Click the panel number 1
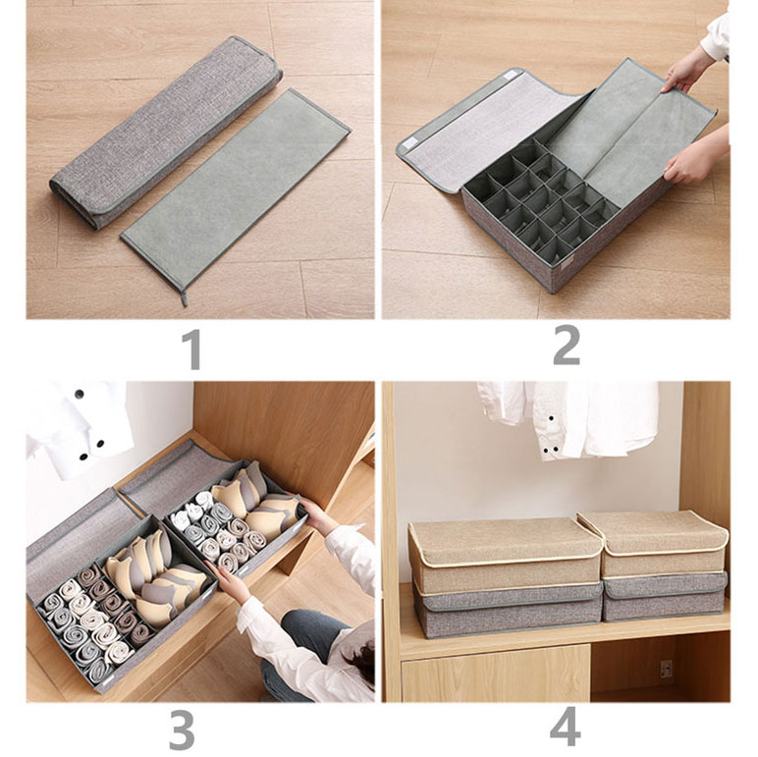point(192,351)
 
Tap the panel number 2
point(566,351)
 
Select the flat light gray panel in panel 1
point(237,190)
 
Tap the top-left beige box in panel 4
point(505,550)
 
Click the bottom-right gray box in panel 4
point(665,596)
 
